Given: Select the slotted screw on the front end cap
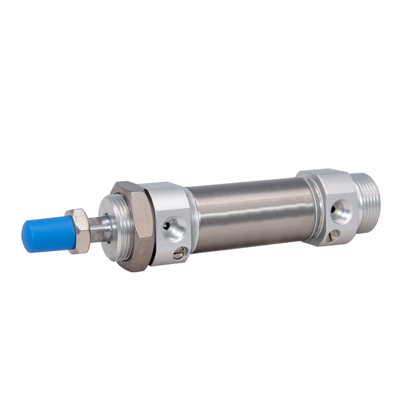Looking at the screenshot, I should (178, 254).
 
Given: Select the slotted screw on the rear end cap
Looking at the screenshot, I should (333, 235).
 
